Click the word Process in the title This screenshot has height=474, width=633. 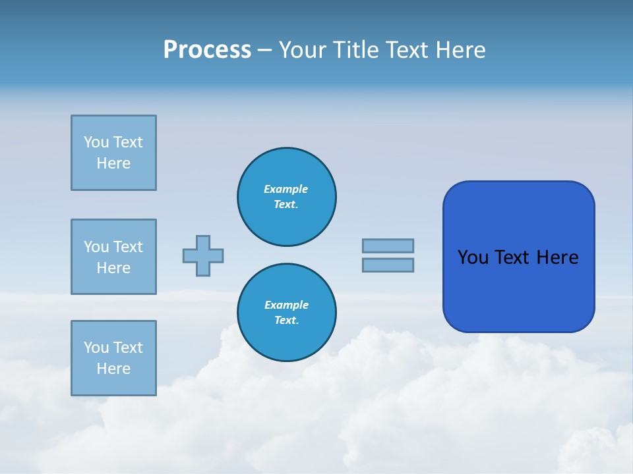[207, 50]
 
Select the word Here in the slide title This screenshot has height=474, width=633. [462, 50]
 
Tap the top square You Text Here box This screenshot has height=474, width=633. [113, 153]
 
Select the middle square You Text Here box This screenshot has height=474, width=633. [113, 257]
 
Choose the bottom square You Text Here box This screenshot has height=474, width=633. [113, 358]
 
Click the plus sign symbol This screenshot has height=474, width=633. [203, 255]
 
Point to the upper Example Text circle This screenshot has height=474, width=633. [287, 197]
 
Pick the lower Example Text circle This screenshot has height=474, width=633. [287, 313]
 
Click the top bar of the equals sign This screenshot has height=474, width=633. [388, 246]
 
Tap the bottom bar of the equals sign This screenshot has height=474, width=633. [388, 265]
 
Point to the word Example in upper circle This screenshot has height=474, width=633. [286, 190]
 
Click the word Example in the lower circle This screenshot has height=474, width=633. [286, 305]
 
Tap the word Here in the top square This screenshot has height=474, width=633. [113, 163]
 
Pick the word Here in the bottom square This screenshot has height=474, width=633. [113, 369]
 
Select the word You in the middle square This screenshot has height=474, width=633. [96, 247]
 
